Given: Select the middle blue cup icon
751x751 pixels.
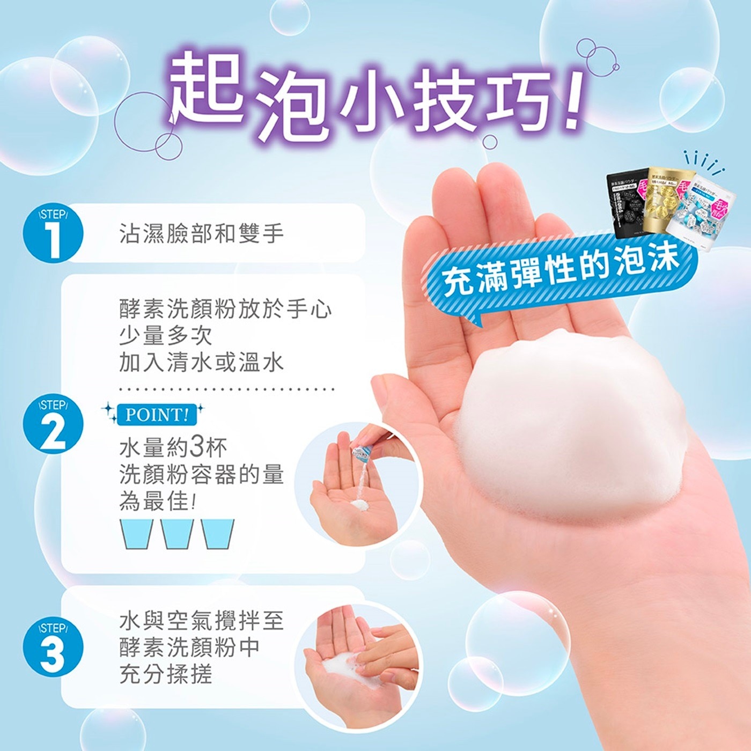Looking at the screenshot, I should pos(178,534).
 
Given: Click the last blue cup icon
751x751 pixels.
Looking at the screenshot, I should pos(218,534).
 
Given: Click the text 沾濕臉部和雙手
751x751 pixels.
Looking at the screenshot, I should pos(201,234).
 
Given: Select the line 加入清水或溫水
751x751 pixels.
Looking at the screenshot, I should pos(201,363).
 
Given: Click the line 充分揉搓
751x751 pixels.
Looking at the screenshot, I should pos(166,674).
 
